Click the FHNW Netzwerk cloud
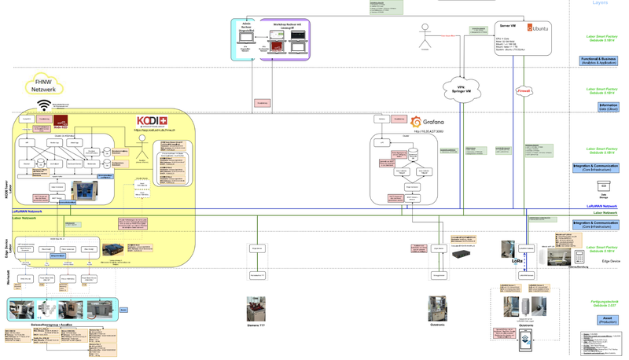(x=45, y=85)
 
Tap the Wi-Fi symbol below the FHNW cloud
(x=44, y=105)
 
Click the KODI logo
(x=151, y=121)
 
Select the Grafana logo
(x=428, y=122)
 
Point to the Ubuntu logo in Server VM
(x=538, y=28)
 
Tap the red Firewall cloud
(x=524, y=91)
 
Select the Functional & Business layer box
(x=599, y=61)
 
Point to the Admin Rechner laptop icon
(x=246, y=36)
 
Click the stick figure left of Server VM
(x=425, y=35)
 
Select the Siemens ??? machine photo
(x=256, y=308)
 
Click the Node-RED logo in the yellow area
(x=61, y=121)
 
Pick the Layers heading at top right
(x=600, y=3)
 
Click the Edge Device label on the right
(x=611, y=260)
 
